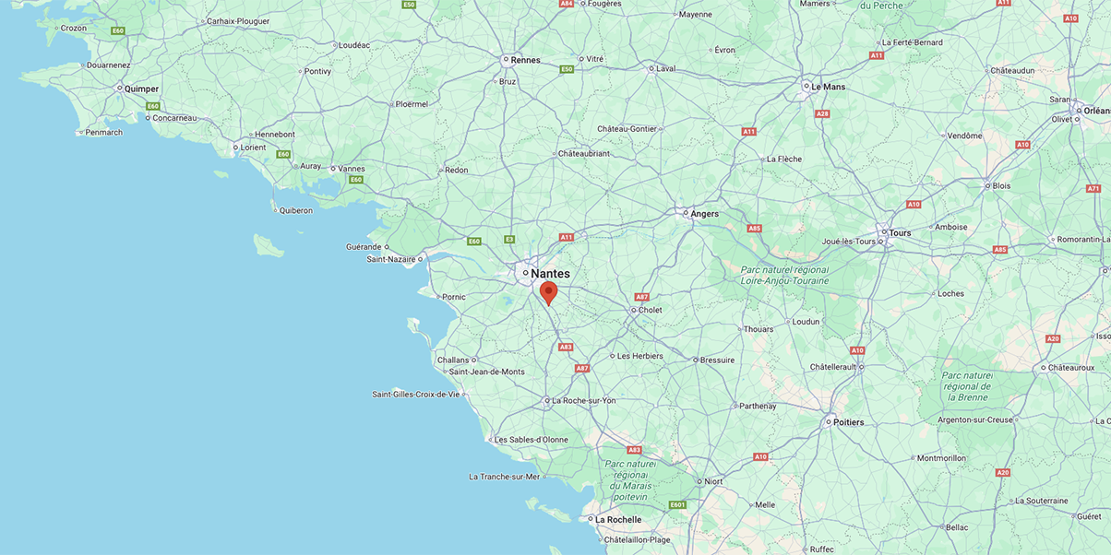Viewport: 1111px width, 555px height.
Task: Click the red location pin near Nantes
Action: pos(548,292)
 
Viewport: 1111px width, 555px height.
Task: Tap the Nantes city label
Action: pos(550,274)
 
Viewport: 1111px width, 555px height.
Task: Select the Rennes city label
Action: pos(525,60)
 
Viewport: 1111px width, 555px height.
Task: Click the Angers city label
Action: pos(704,214)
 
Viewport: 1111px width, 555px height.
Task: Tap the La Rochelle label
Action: pos(617,520)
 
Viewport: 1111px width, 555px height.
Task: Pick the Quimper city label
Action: pos(141,89)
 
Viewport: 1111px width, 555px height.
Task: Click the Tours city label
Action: pos(900,233)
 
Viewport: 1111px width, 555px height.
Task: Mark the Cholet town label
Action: pos(651,311)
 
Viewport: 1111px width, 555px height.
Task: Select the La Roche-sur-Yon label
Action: pos(583,401)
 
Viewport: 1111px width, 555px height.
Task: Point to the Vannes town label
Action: pos(352,169)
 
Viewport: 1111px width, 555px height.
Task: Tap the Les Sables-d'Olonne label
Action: pos(531,440)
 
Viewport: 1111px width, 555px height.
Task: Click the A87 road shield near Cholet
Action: pos(642,297)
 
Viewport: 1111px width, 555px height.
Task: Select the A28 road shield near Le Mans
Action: pos(821,113)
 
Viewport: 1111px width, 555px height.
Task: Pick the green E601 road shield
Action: pos(678,504)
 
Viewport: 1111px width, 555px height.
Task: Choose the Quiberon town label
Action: pos(296,210)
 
